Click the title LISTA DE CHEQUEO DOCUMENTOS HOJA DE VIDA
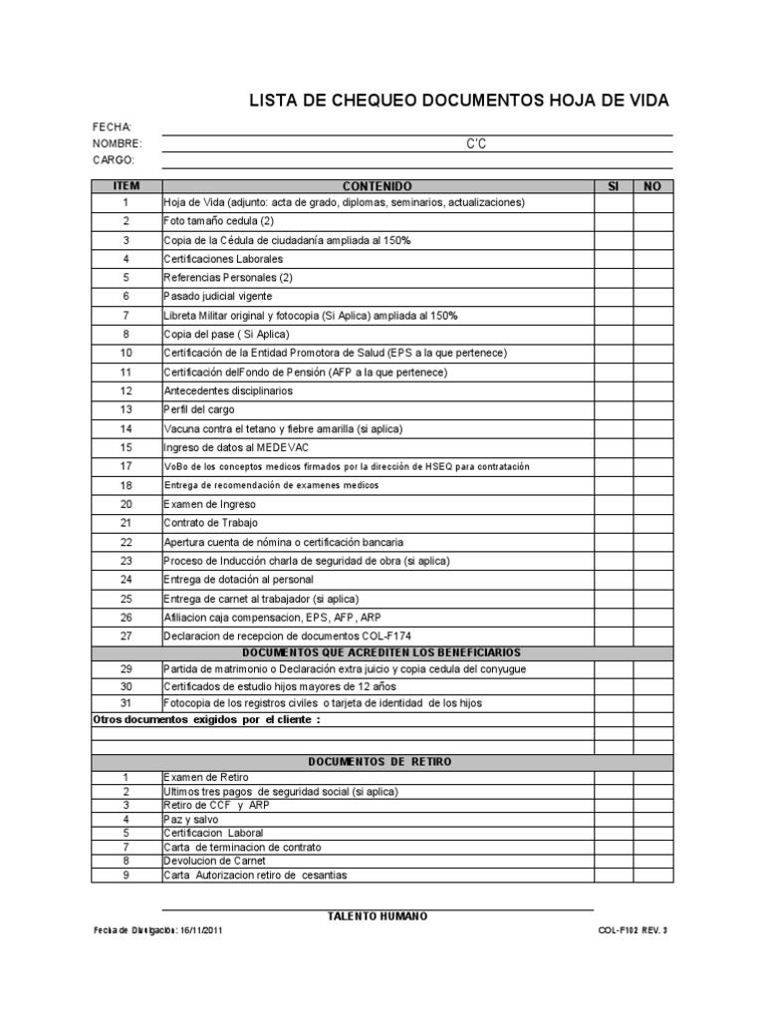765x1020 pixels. (x=458, y=101)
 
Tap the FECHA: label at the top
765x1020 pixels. (x=112, y=127)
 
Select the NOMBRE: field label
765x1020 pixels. (x=117, y=143)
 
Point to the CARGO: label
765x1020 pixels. (x=113, y=160)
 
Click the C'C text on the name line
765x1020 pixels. (x=476, y=144)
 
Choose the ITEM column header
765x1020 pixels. (x=127, y=186)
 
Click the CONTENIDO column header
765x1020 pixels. (x=377, y=186)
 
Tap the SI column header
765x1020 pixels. (x=614, y=186)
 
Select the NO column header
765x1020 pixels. (x=653, y=186)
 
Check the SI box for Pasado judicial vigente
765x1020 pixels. (x=614, y=297)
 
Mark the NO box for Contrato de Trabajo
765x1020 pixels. (x=653, y=522)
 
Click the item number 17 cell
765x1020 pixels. (x=127, y=466)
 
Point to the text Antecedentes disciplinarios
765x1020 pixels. (x=229, y=391)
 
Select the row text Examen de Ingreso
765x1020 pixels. (x=210, y=504)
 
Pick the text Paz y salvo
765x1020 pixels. (x=189, y=819)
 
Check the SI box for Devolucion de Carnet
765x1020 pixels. (x=614, y=861)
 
